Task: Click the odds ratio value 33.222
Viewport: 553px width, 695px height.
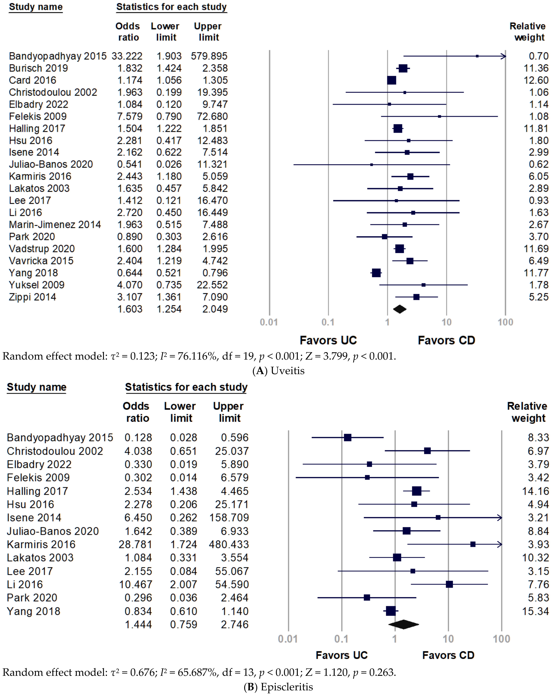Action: point(127,56)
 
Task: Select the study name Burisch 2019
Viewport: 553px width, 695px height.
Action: point(38,68)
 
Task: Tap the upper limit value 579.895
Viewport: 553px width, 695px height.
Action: point(209,56)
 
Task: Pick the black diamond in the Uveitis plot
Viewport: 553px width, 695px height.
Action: point(400,309)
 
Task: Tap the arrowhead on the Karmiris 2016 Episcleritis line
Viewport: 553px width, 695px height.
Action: point(500,544)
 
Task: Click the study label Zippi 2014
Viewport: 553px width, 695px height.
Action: point(32,297)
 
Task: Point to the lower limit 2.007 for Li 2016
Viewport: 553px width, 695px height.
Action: point(183,584)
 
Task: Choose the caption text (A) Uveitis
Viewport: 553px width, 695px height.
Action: point(278,371)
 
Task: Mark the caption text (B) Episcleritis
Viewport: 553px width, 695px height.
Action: point(278,687)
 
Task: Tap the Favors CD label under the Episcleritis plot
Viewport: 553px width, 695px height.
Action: point(448,655)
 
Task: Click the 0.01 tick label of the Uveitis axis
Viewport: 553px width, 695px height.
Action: point(269,322)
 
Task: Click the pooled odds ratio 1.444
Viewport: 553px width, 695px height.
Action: point(138,624)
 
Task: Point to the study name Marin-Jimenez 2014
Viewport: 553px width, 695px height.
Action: point(55,224)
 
